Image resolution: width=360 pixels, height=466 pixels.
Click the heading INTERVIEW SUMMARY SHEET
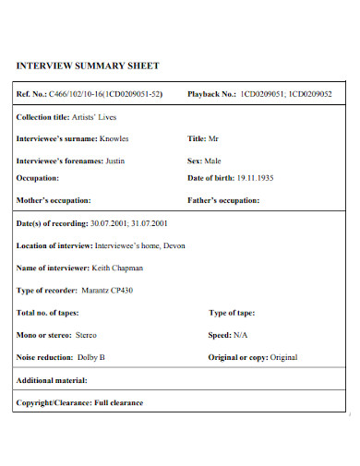click(88, 66)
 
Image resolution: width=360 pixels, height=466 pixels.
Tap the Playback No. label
click(212, 94)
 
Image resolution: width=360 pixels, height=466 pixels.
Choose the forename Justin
click(113, 160)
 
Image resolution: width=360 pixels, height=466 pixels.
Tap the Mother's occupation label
click(54, 200)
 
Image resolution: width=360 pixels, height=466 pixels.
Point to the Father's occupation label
click(223, 200)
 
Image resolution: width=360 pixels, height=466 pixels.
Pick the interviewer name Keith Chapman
click(117, 268)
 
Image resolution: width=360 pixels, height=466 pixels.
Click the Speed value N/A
click(240, 334)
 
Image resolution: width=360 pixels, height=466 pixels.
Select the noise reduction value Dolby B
click(90, 356)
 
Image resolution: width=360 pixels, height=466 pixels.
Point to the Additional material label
click(52, 380)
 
